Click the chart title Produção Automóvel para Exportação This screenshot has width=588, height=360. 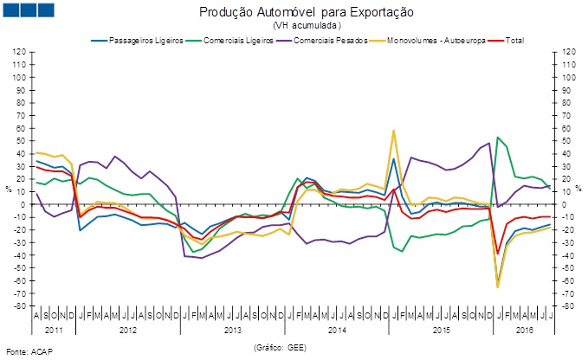294,13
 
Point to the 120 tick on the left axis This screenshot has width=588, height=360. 18,52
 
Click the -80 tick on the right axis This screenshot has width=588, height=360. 570,306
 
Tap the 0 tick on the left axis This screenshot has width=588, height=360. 23,204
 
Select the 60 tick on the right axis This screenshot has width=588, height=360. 568,128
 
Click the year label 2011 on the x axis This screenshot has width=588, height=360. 54,330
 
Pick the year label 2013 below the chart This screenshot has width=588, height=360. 233,330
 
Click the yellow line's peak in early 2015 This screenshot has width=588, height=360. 394,131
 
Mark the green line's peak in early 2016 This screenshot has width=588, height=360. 498,137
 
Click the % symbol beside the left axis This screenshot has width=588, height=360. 9,188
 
